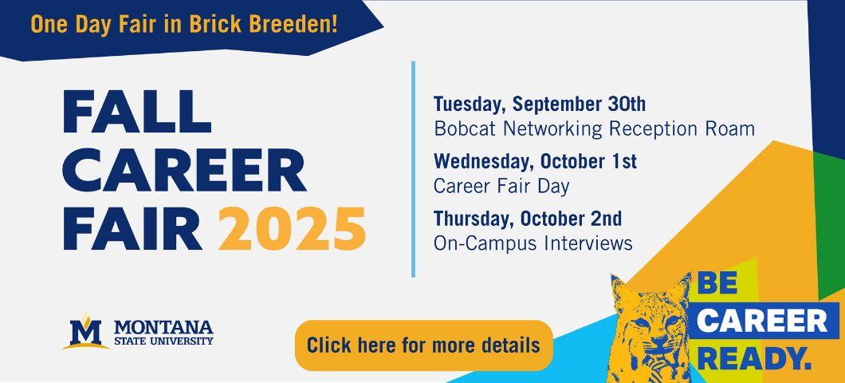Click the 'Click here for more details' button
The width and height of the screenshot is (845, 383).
[424, 345]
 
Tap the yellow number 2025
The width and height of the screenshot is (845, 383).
[292, 229]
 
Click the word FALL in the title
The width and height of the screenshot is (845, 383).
[137, 112]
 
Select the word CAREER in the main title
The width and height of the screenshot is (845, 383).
[185, 171]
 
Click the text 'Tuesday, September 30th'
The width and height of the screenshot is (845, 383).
[540, 104]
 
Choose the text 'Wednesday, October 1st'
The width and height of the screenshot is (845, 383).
[535, 161]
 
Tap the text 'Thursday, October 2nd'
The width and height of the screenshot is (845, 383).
[528, 219]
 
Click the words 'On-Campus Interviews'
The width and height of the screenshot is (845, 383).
[533, 244]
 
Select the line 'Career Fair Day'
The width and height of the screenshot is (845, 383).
[501, 187]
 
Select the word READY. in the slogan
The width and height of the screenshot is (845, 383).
[757, 359]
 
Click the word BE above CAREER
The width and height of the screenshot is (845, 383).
[717, 284]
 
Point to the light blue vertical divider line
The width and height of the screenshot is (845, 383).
[414, 169]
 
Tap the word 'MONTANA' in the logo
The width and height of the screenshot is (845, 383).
[163, 327]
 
